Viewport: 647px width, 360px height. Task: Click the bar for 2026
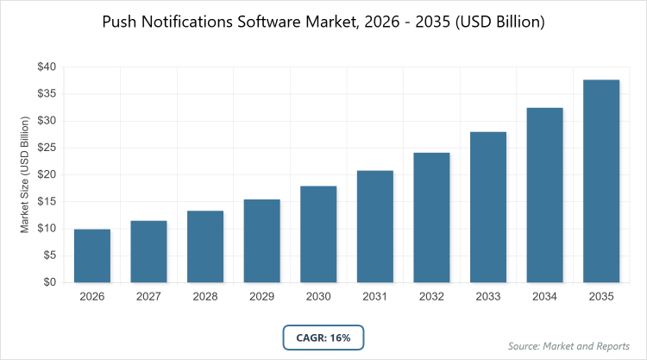click(x=92, y=256)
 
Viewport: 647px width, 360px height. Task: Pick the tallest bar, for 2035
click(x=601, y=181)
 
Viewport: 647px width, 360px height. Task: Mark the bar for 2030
click(x=318, y=234)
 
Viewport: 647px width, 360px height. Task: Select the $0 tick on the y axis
click(x=49, y=282)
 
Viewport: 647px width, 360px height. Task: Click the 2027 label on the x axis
click(x=149, y=296)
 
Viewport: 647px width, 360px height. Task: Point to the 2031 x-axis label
click(x=375, y=296)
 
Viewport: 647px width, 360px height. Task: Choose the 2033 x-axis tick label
click(x=488, y=296)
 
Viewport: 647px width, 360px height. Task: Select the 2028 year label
click(x=205, y=296)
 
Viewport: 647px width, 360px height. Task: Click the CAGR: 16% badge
click(x=323, y=338)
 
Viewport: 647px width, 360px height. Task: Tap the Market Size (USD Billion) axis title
click(x=26, y=174)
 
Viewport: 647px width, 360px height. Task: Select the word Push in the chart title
click(x=120, y=22)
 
